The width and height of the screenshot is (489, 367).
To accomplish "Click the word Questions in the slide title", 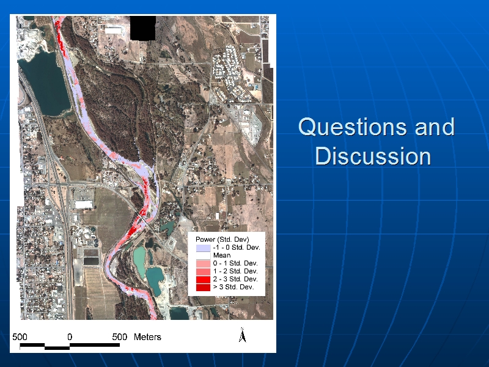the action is [353, 127].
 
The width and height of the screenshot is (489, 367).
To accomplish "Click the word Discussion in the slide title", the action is [373, 156].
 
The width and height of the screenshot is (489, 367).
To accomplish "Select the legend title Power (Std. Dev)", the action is [222, 239].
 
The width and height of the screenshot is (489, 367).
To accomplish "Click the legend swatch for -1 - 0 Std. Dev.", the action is [203, 248].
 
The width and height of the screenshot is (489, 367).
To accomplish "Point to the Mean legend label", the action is [222, 255].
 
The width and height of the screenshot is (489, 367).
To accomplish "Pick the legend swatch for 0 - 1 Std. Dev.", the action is [203, 264].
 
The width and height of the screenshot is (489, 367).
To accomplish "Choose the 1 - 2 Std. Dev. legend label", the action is [235, 271].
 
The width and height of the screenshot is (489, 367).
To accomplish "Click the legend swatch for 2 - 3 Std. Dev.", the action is [203, 280].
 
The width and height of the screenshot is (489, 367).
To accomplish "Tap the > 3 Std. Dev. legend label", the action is [233, 287].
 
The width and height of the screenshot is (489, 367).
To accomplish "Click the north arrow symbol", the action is [242, 335].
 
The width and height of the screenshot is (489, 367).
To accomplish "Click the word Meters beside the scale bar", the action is [147, 337].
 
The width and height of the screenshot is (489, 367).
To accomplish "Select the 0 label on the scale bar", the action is [70, 337].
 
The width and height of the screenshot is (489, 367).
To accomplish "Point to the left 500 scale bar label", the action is [20, 337].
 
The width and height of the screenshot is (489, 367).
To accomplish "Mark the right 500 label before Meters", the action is [119, 337].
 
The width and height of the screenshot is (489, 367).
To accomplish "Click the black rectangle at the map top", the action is [142, 28].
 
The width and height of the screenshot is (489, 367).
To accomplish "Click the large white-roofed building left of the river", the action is [84, 205].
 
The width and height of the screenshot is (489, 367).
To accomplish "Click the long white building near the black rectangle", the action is [113, 31].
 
